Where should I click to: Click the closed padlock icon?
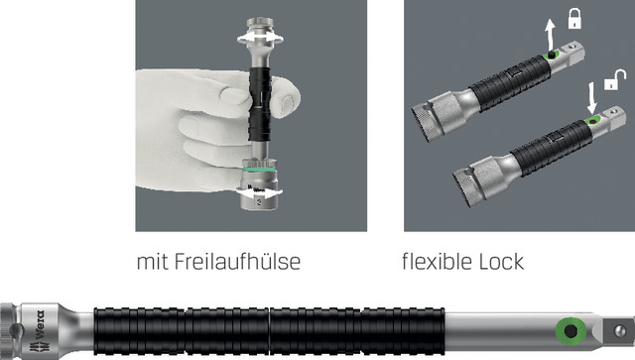pos(574,19)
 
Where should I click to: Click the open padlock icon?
pos(615,79)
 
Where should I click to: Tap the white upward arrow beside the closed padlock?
pos(550,34)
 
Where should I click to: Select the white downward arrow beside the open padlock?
pos(592,98)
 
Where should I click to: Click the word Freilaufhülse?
pos(238,261)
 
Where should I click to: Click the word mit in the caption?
pos(153,262)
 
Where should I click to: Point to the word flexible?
pos(437,261)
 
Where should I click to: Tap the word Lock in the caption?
pos(501,262)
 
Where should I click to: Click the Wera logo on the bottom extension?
pos(40,331)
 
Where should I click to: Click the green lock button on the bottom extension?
pos(571,331)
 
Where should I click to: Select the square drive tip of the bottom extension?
pos(618,331)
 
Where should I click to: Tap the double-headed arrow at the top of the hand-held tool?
pos(260,38)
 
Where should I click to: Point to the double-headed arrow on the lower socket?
pos(259,192)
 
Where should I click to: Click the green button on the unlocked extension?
pos(593,121)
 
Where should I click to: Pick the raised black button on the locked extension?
pos(551,55)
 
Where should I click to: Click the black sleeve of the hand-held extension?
pos(260,104)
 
